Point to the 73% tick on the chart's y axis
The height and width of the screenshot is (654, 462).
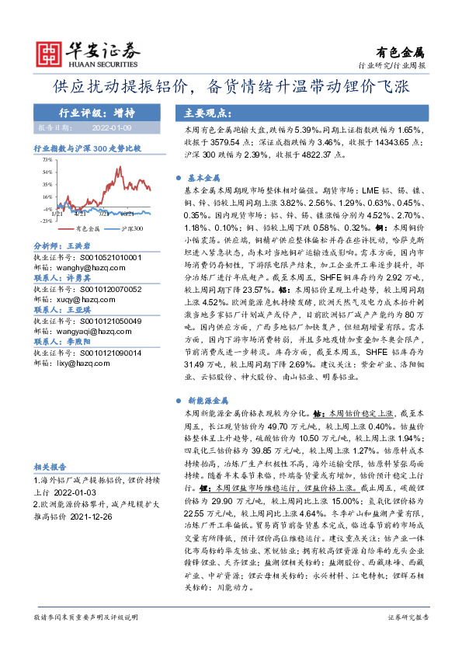click(48, 158)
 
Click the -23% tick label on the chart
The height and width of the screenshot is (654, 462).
click(47, 221)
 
